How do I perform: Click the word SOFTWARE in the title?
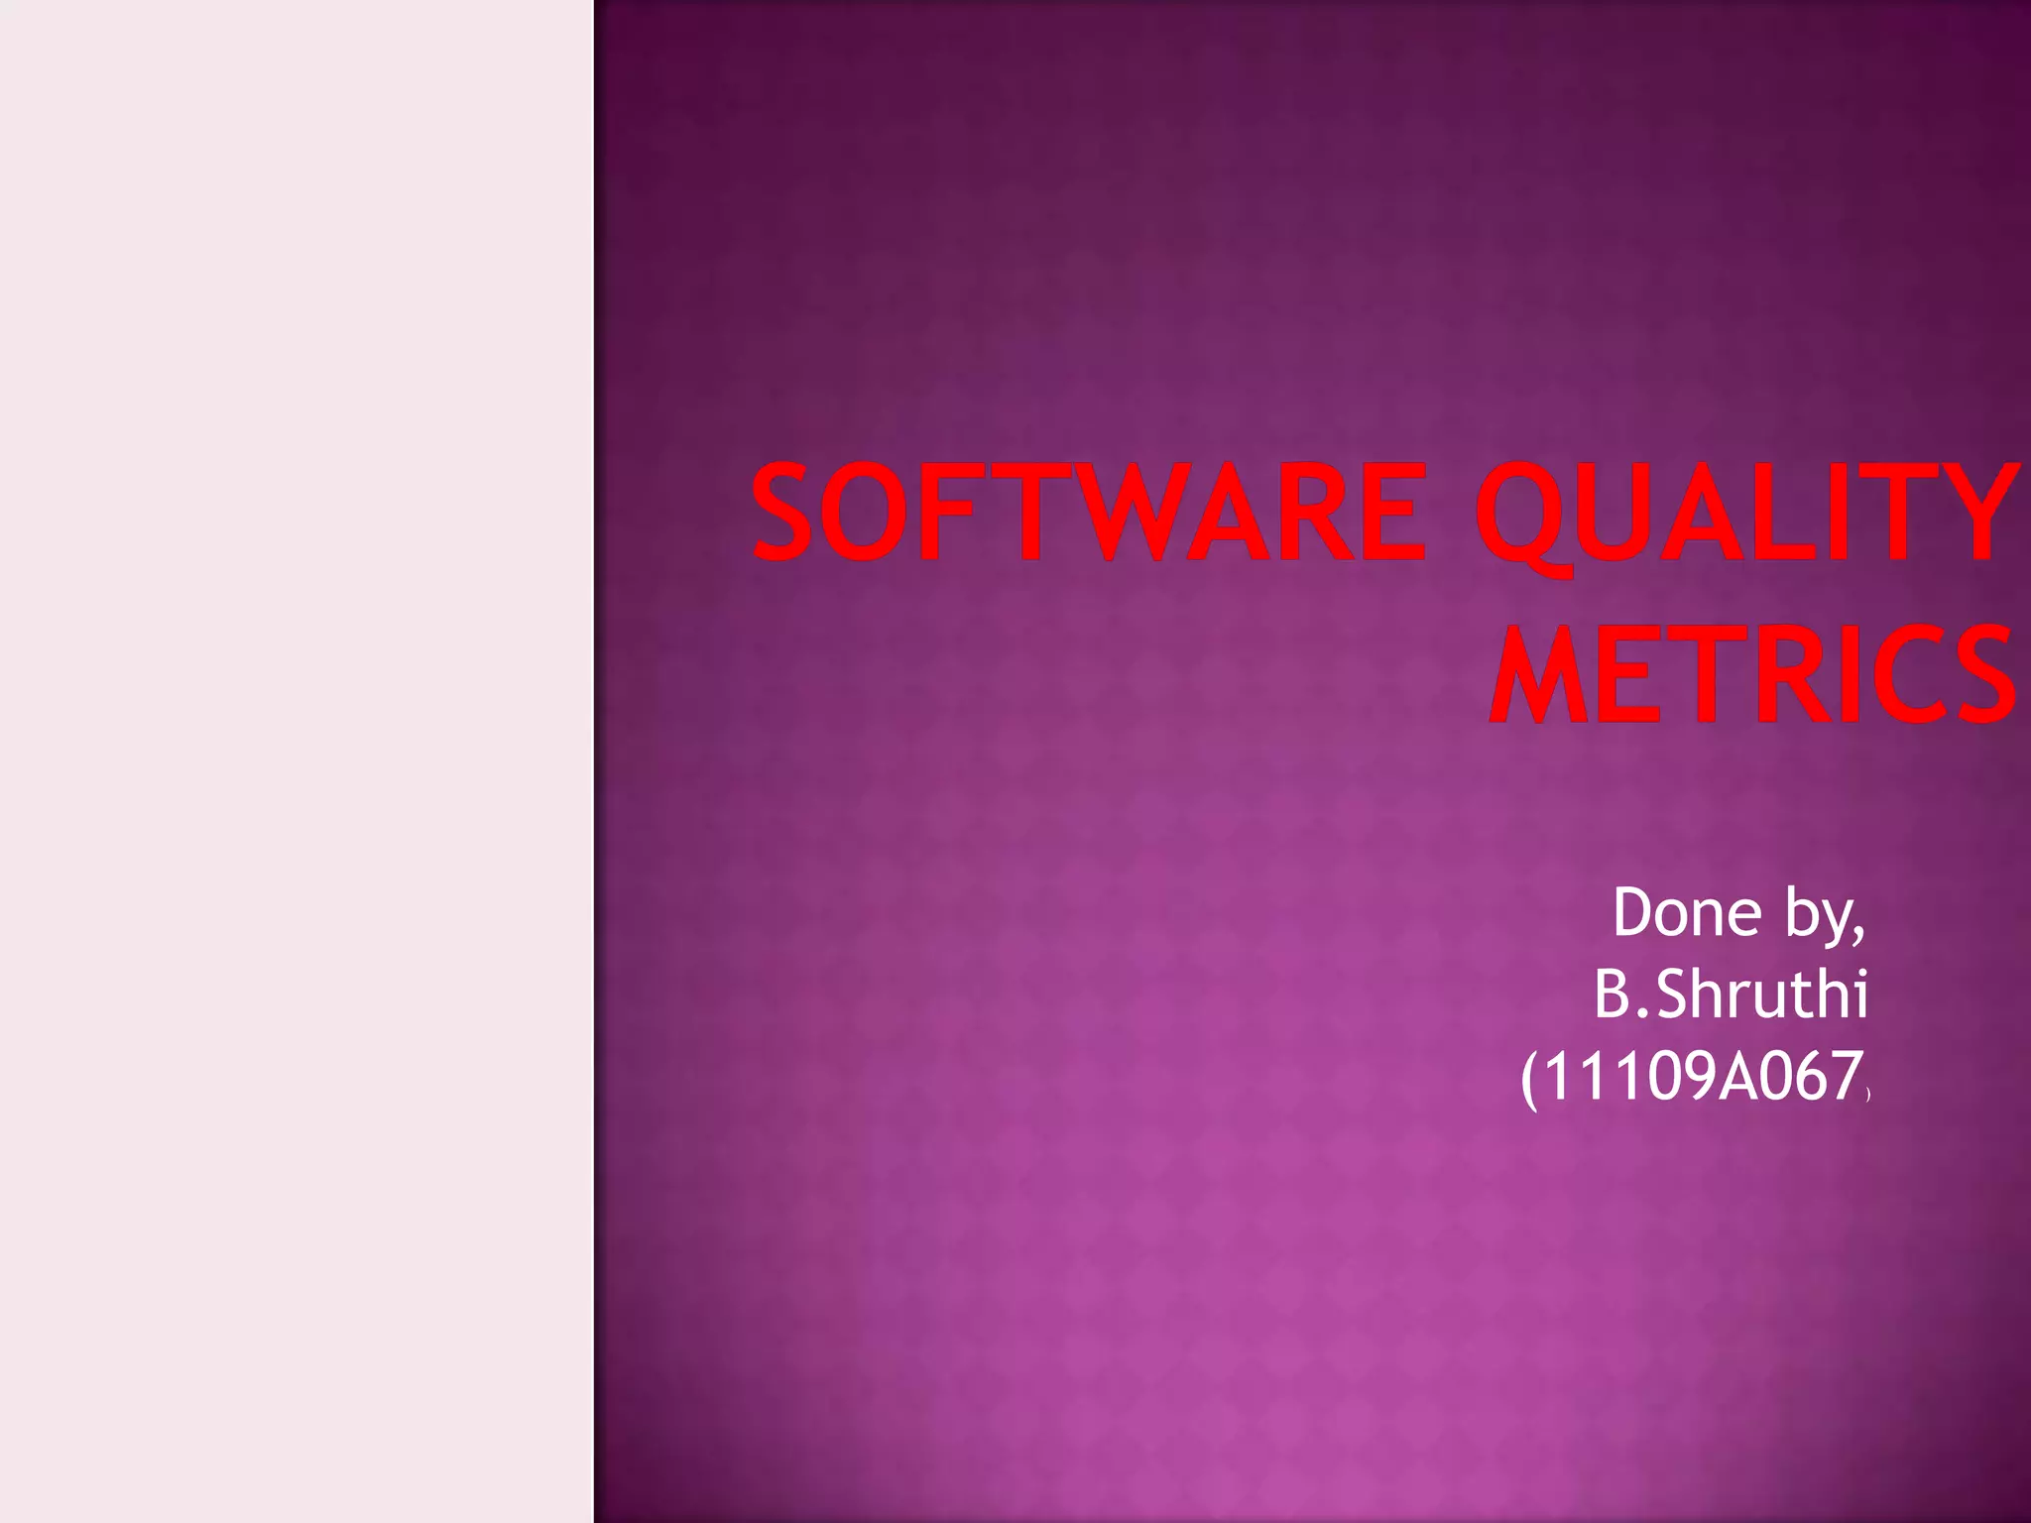[1088, 514]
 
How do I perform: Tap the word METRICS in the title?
[1751, 674]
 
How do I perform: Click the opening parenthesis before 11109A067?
[1529, 1079]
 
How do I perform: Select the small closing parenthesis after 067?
[1867, 1094]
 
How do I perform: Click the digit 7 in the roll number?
[1844, 1077]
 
